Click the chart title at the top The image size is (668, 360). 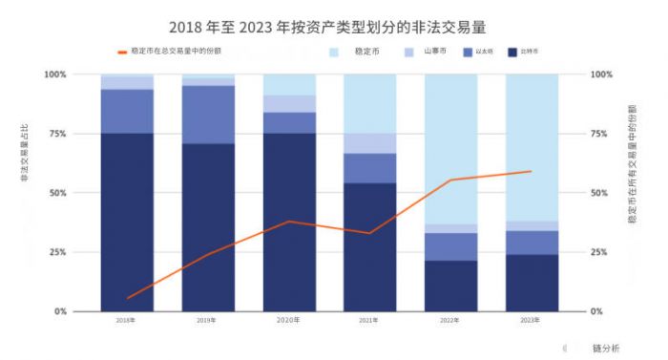click(333, 18)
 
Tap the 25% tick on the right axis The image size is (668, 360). click(601, 252)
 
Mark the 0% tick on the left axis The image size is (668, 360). click(59, 311)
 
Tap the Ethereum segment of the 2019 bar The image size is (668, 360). click(208, 115)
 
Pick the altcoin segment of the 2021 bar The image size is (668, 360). click(369, 143)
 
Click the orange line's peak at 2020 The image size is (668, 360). click(289, 222)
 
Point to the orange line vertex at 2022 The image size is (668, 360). click(450, 180)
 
